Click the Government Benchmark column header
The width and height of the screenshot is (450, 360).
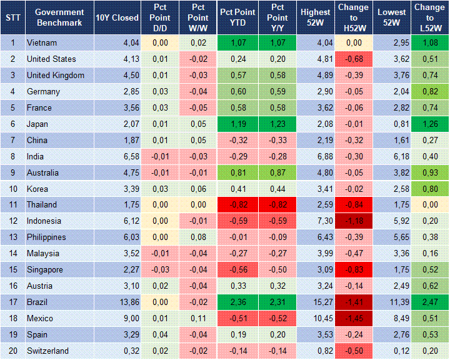point(59,17)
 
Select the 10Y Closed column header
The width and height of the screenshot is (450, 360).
point(117,17)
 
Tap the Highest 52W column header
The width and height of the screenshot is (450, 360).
point(316,17)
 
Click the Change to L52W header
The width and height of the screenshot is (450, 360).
point(429,17)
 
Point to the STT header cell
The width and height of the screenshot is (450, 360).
point(12,17)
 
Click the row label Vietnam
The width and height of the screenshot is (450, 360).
point(41,43)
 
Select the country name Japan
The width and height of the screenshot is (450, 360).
point(38,124)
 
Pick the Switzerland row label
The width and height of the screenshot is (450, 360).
point(47,351)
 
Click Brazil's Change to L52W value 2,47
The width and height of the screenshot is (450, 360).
point(429,302)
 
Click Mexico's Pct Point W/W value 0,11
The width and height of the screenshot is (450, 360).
point(198,318)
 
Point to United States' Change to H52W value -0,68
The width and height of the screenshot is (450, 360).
point(353,59)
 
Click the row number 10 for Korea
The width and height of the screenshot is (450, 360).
point(12,189)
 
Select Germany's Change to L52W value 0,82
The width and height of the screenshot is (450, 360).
point(429,92)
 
